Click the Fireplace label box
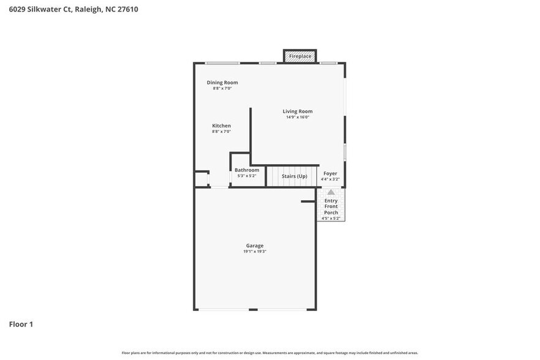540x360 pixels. (300, 56)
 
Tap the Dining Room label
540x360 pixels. (222, 83)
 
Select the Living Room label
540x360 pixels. (298, 111)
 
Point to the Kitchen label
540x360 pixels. (221, 126)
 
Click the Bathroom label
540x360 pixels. (247, 170)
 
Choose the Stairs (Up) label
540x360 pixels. (294, 176)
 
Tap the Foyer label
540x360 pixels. (330, 173)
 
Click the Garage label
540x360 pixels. (255, 246)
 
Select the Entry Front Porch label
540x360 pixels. (331, 206)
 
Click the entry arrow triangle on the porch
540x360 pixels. (331, 192)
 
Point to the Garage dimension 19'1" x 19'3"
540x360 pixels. (255, 252)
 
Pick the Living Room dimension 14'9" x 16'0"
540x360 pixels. (298, 117)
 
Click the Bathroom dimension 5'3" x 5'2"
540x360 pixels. (247, 176)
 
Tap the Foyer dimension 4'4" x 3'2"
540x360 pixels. (330, 179)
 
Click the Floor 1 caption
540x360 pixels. (21, 324)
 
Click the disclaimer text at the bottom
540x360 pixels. (269, 353)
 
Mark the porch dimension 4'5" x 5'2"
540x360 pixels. (331, 219)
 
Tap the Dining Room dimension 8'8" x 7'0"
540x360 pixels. (222, 88)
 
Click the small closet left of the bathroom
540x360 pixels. (201, 179)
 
